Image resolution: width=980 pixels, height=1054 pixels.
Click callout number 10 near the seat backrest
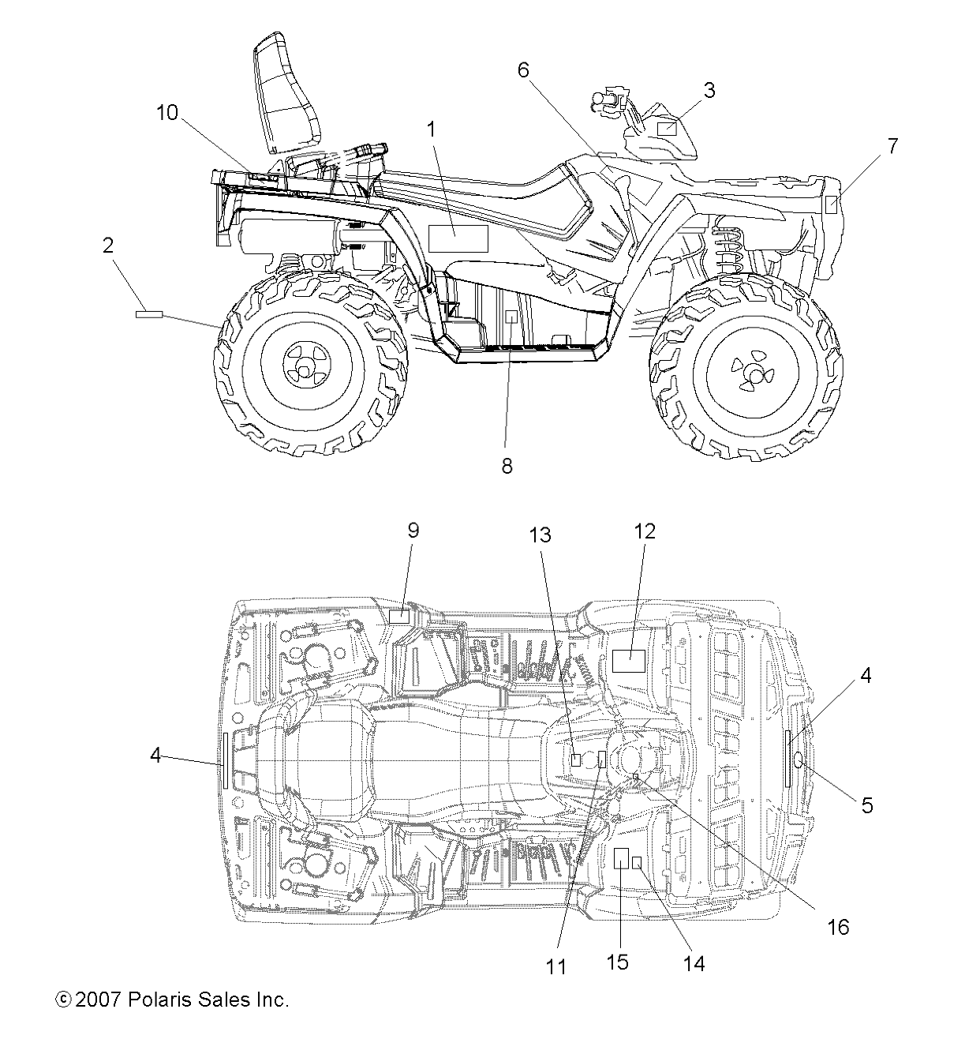166,112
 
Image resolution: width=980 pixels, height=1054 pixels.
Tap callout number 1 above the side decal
431,129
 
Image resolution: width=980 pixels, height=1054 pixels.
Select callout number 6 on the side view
522,69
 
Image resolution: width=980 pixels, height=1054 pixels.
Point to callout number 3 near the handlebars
709,90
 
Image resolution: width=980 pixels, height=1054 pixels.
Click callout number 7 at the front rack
892,146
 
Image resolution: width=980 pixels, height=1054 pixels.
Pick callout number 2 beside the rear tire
107,245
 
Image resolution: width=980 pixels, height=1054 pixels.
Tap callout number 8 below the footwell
507,466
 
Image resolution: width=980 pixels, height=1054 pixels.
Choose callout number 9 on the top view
413,531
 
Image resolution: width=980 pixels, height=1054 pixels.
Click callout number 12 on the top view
645,531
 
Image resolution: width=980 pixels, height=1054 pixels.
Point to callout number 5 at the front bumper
867,805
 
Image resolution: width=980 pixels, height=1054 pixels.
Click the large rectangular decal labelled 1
458,238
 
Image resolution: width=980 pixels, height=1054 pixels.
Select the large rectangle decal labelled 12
630,660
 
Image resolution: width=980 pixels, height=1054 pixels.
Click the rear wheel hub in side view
302,364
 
